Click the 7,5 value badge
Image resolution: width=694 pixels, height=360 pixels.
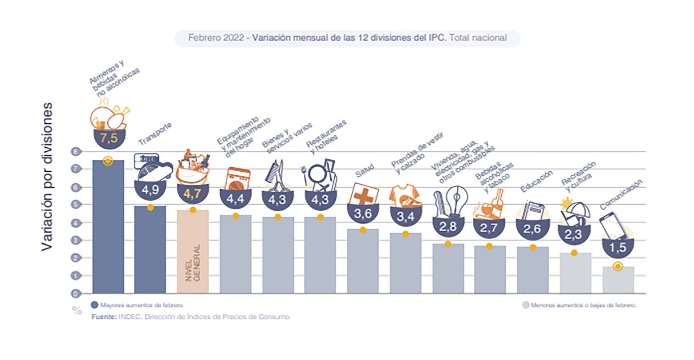pyautogui.click(x=109, y=138)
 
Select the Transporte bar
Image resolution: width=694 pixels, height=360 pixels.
pyautogui.click(x=150, y=249)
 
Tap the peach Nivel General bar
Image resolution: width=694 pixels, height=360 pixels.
pyautogui.click(x=193, y=251)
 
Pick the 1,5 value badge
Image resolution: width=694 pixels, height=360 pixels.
pyautogui.click(x=617, y=248)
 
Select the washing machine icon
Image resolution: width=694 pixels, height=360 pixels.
pyautogui.click(x=237, y=179)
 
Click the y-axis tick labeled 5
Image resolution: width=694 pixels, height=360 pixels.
pyautogui.click(x=76, y=205)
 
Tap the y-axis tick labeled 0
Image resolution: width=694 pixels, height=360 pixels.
pyautogui.click(x=76, y=293)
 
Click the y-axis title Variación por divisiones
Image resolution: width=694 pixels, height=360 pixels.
pyautogui.click(x=47, y=176)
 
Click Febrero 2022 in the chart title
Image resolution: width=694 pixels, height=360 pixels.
pyautogui.click(x=216, y=38)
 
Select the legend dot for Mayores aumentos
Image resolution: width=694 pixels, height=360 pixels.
pyautogui.click(x=95, y=305)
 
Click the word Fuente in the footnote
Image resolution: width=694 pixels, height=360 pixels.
pyautogui.click(x=103, y=317)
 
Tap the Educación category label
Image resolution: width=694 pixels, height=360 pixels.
pyautogui.click(x=536, y=181)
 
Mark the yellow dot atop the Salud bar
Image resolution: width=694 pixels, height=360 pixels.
pyautogui.click(x=363, y=230)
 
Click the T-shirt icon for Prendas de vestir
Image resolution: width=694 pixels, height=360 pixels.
pyautogui.click(x=405, y=196)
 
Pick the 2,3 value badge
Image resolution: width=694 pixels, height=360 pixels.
pyautogui.click(x=573, y=235)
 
